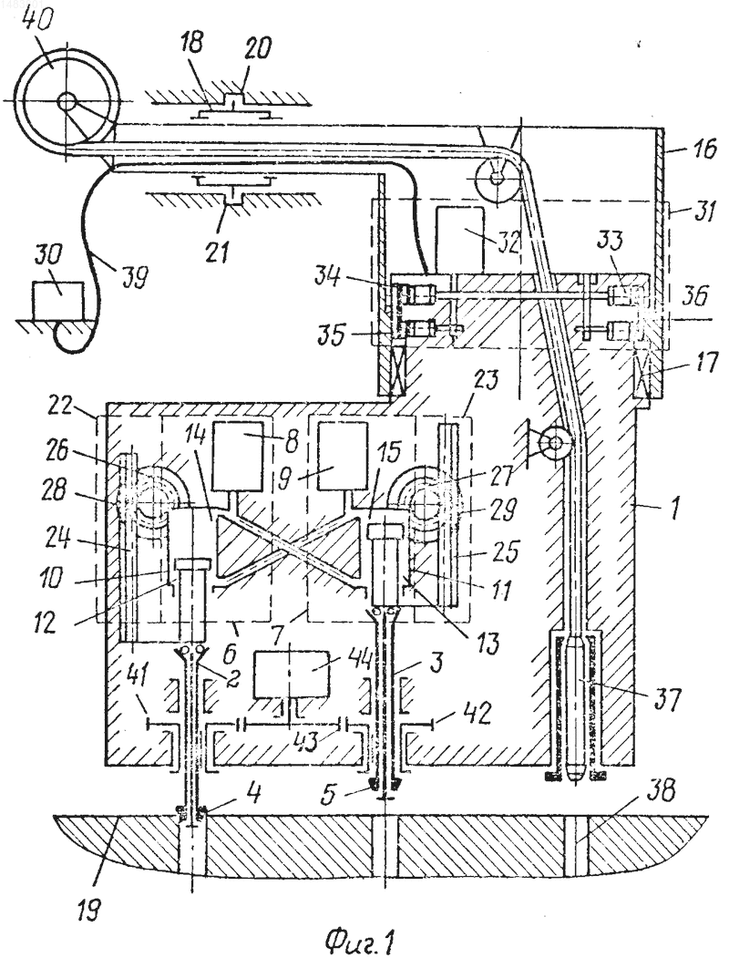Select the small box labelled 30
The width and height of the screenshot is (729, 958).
(58, 300)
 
